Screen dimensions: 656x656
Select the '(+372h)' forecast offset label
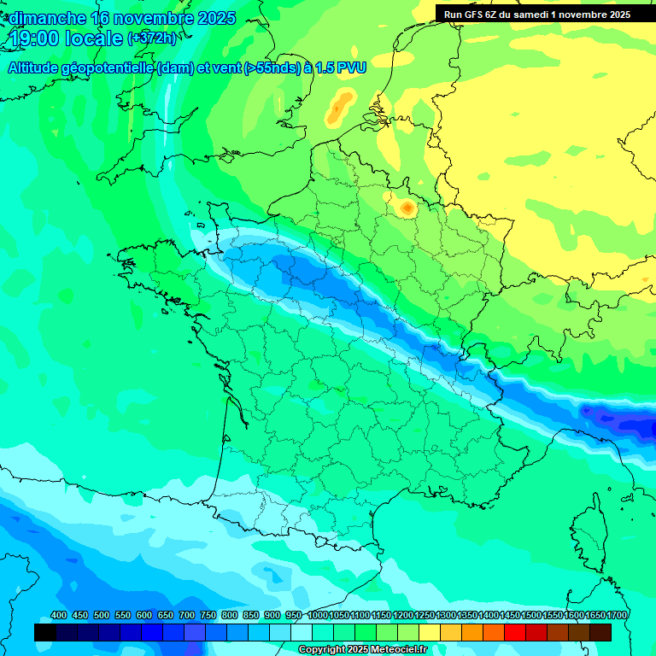(151, 38)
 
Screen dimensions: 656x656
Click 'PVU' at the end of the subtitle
(351, 67)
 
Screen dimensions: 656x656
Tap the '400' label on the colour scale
(58, 615)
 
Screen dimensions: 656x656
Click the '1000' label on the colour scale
(318, 615)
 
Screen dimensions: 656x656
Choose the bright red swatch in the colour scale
(515, 632)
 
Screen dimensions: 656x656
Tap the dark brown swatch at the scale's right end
(600, 632)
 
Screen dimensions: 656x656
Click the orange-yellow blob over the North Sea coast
(341, 107)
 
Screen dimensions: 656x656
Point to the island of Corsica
(589, 538)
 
